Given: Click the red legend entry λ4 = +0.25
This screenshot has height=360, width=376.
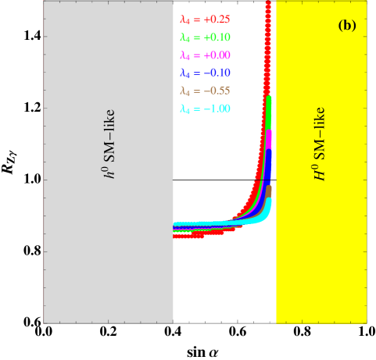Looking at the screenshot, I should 205,20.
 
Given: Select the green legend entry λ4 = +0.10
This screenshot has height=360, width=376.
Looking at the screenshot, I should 205,37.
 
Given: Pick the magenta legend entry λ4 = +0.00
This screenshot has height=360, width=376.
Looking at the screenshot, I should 205,55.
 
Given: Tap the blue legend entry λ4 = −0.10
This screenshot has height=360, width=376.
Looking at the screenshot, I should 205,73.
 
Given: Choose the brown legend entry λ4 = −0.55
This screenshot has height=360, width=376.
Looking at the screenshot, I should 205,91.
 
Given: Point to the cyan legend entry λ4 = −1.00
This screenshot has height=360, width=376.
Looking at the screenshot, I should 205,109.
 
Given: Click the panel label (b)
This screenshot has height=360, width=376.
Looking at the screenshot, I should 347,25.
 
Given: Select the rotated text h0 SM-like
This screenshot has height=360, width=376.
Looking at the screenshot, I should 110,144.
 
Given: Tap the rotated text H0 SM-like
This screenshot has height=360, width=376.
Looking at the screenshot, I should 320,144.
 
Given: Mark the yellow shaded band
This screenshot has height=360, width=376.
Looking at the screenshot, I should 320,250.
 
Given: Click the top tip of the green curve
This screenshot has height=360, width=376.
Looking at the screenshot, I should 269,98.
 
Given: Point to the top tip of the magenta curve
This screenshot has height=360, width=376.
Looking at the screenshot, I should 269,133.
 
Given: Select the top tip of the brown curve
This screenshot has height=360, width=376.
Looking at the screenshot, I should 269,187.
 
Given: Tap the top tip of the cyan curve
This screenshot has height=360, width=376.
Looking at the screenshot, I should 270,201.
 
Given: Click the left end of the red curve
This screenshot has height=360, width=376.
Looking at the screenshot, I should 176,235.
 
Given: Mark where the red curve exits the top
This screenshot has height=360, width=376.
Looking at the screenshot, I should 268,4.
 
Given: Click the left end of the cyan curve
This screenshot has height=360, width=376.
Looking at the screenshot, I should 176,224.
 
